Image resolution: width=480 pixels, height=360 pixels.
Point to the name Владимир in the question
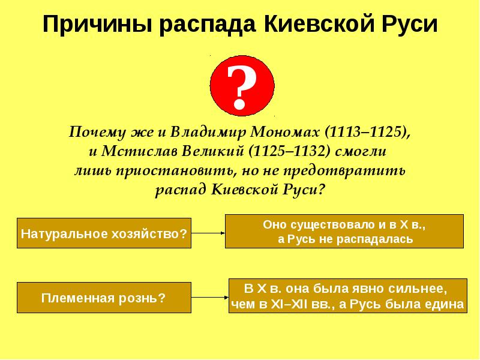click(200, 131)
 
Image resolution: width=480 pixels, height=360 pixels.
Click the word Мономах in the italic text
click(279, 131)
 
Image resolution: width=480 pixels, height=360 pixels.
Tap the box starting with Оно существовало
click(344, 231)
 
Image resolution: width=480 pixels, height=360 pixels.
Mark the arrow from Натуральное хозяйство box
click(208, 233)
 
